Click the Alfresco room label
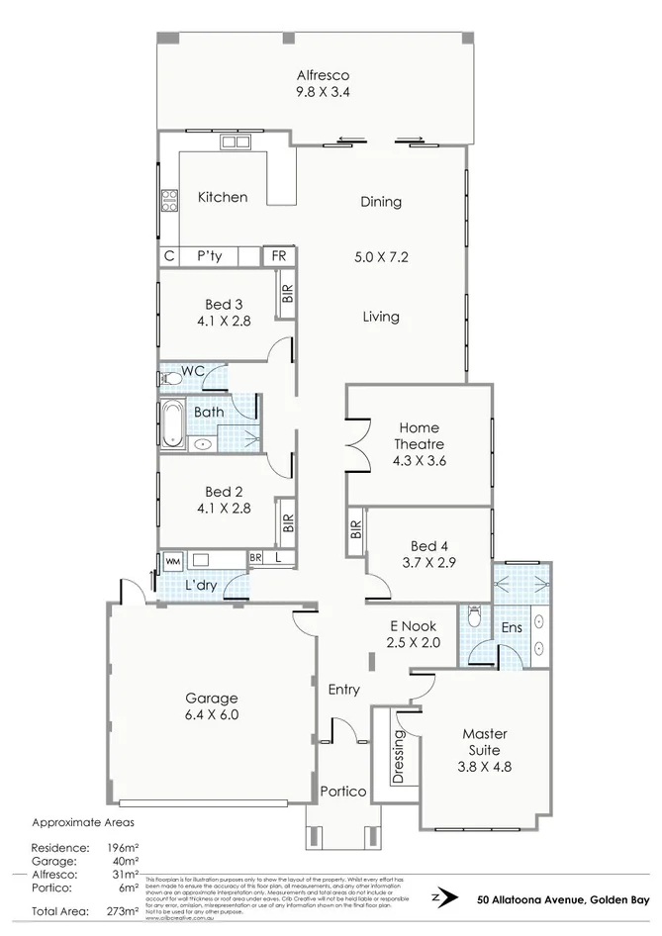[324, 75]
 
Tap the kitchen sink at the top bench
[236, 143]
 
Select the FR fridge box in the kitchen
[279, 256]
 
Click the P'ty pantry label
[208, 256]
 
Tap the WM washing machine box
[172, 561]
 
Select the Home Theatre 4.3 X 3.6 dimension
[420, 460]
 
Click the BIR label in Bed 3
[287, 294]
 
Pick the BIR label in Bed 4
[355, 529]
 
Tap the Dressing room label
[399, 757]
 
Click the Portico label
[343, 793]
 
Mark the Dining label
[381, 202]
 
